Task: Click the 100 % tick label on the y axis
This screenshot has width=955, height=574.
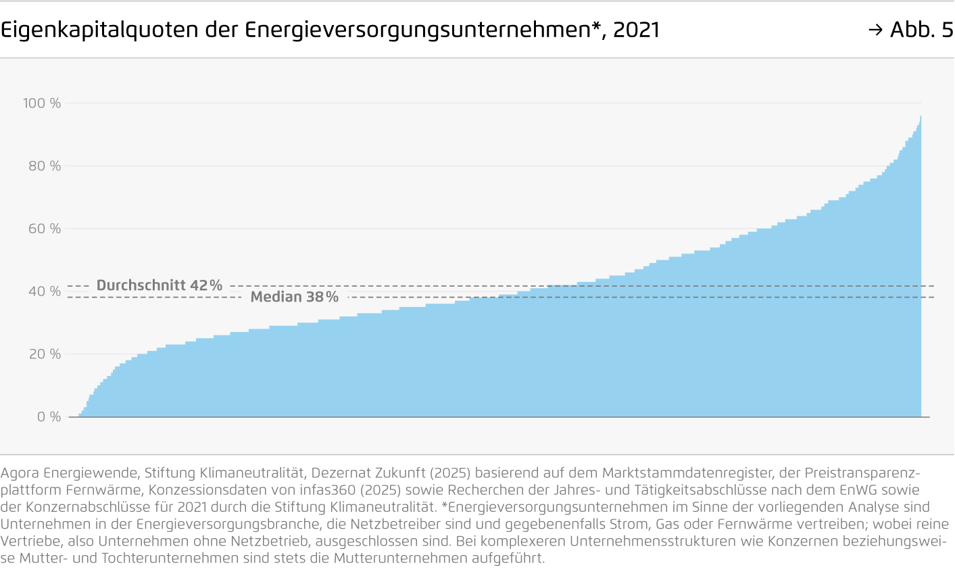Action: pyautogui.click(x=42, y=103)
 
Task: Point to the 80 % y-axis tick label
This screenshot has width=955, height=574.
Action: pyautogui.click(x=45, y=166)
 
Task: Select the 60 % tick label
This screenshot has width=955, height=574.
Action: pyautogui.click(x=45, y=229)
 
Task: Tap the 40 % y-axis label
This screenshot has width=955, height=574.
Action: pyautogui.click(x=45, y=291)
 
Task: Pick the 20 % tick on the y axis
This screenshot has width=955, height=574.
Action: pyautogui.click(x=45, y=354)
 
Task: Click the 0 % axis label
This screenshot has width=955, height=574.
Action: pyautogui.click(x=49, y=417)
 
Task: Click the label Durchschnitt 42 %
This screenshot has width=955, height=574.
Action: pyautogui.click(x=160, y=285)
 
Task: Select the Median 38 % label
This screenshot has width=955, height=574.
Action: pyautogui.click(x=295, y=297)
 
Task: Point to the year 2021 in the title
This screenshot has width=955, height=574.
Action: pyautogui.click(x=636, y=30)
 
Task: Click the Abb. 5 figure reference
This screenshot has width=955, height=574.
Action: pyautogui.click(x=921, y=30)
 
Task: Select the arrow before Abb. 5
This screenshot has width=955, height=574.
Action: pyautogui.click(x=875, y=30)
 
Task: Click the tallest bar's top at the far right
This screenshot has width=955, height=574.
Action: pyautogui.click(x=920, y=117)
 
